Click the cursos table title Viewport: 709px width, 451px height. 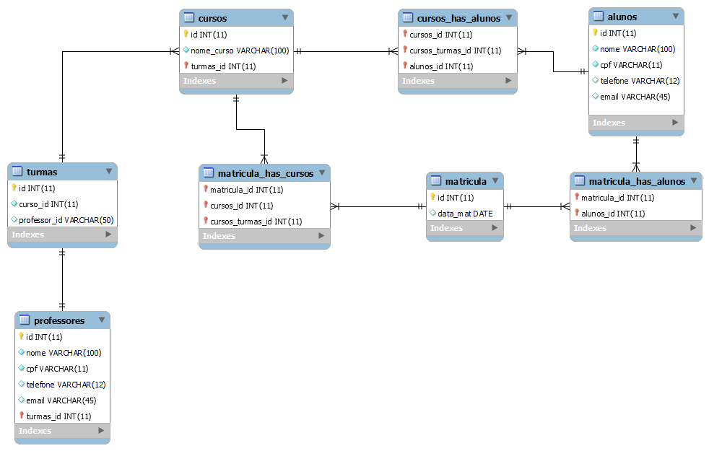pyautogui.click(x=212, y=17)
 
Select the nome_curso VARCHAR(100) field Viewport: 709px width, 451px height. pyautogui.click(x=239, y=51)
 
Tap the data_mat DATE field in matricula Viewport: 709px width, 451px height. pyautogui.click(x=465, y=214)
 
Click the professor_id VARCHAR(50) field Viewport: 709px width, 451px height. pyautogui.click(x=66, y=220)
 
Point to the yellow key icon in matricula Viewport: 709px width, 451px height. pyautogui.click(x=433, y=197)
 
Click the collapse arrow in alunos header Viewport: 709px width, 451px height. pyautogui.click(x=675, y=16)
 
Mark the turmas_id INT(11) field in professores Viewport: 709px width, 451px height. pyautogui.click(x=58, y=416)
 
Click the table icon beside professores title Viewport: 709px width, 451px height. pyautogui.click(x=24, y=320)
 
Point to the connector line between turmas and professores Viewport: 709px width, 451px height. pyautogui.click(x=62, y=278)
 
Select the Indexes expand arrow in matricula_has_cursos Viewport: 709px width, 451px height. pyautogui.click(x=322, y=236)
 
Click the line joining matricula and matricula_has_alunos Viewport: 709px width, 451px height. pyautogui.click(x=536, y=207)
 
